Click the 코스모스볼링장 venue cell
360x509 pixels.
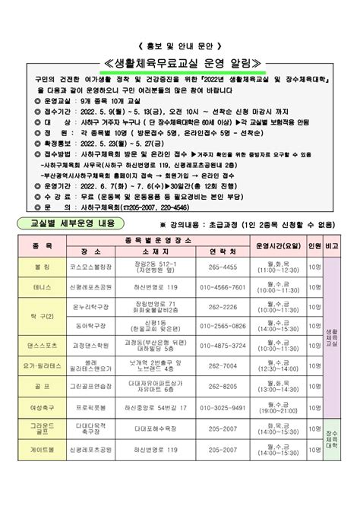point(94,267)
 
